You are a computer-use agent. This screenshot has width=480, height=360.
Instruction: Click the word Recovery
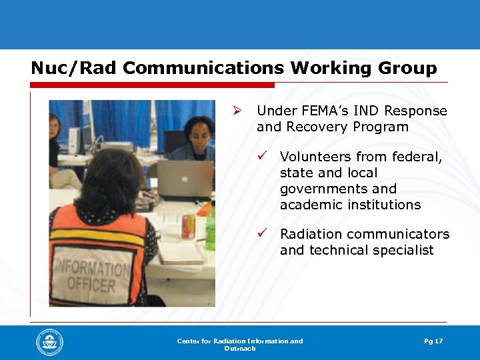[315, 127]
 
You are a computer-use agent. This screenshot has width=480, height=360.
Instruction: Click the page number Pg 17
[433, 341]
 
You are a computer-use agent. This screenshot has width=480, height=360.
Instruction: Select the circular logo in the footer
[50, 343]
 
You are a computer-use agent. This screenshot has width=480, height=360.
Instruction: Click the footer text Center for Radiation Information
[239, 341]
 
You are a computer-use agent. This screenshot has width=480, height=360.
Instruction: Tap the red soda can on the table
[189, 227]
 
